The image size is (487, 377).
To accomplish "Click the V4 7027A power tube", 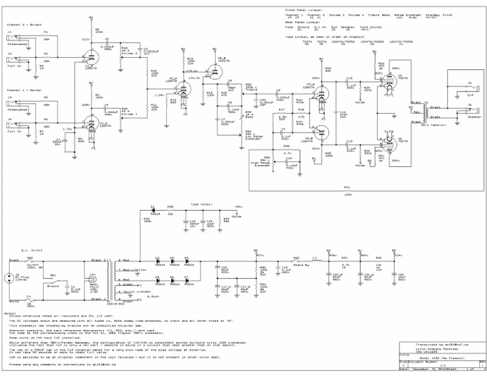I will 389,83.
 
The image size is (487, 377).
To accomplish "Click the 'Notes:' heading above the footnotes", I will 9,314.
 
